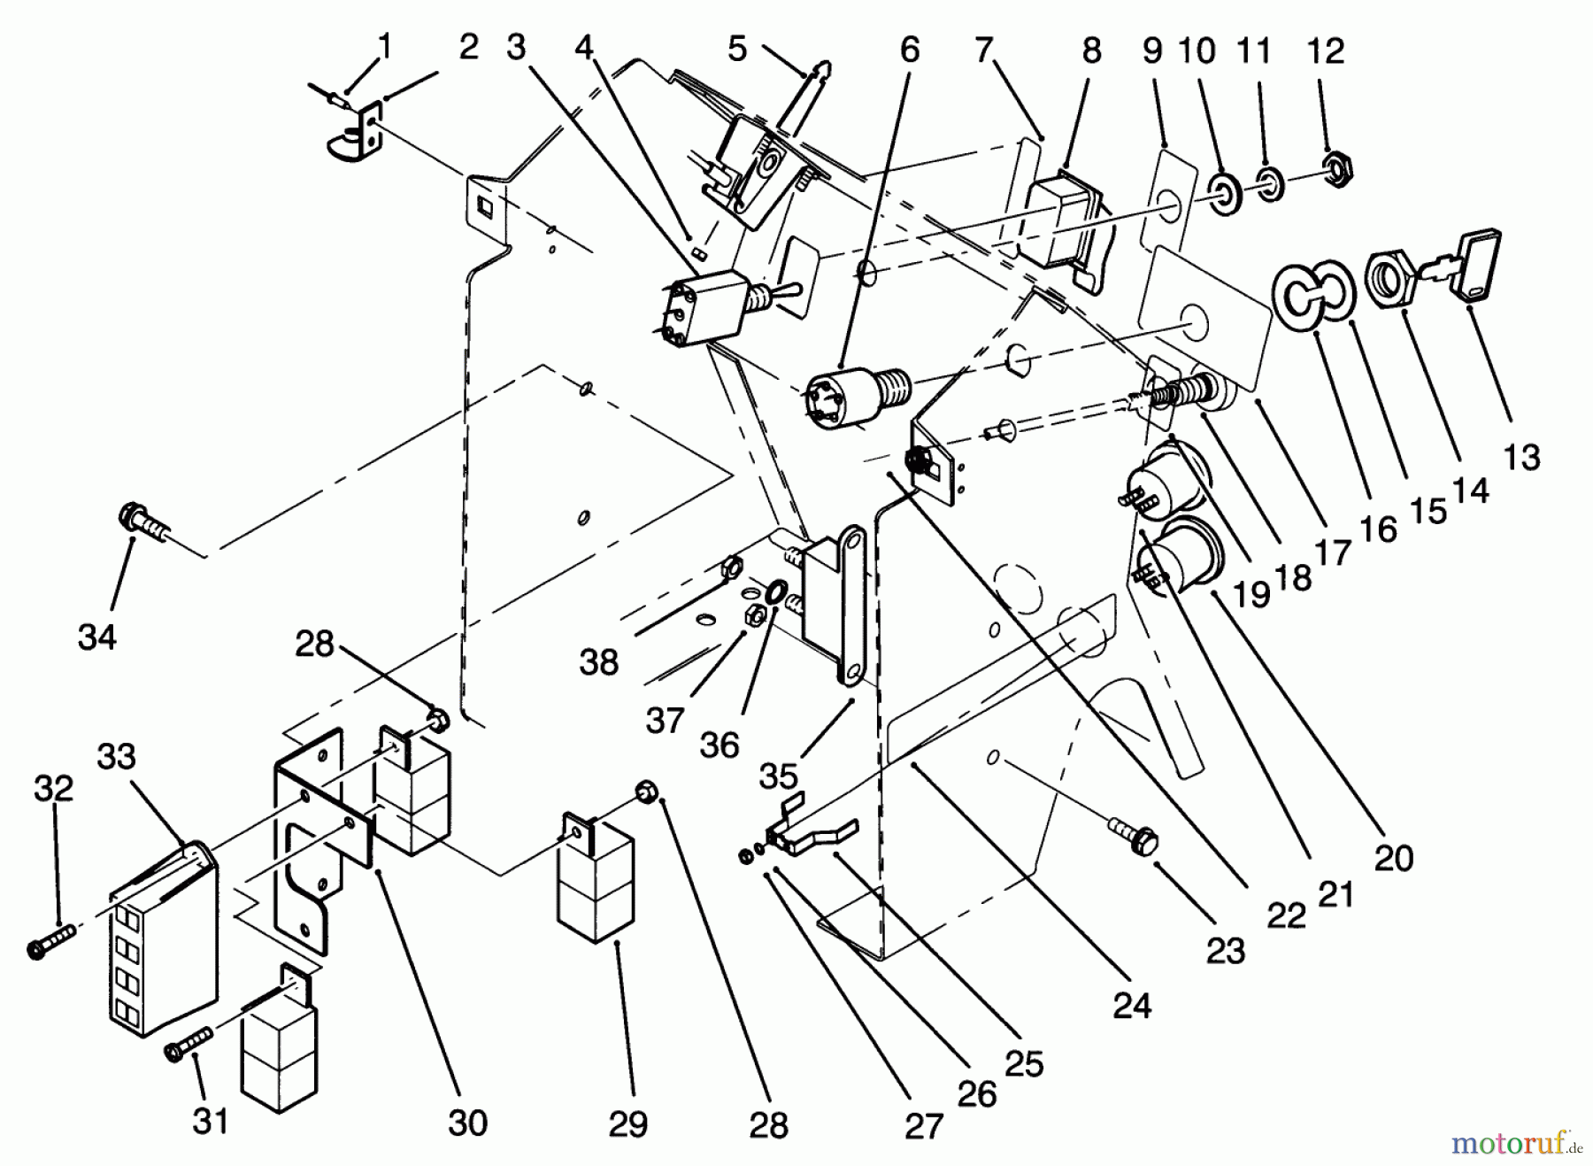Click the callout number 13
click(x=1521, y=457)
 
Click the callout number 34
click(x=96, y=636)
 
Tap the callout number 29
click(x=627, y=1124)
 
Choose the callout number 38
click(x=598, y=661)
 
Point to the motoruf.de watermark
click(x=1516, y=1145)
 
